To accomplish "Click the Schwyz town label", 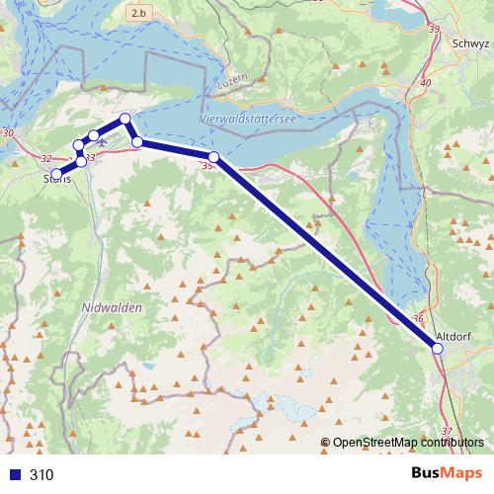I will click(468, 43).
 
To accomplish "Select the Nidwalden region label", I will click(109, 308).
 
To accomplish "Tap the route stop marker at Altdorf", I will click(438, 348).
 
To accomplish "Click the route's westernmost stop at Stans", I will click(56, 174).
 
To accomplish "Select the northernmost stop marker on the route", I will click(125, 120).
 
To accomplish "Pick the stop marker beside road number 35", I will click(213, 157).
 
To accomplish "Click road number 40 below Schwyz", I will click(426, 84).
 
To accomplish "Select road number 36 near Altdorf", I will click(419, 318).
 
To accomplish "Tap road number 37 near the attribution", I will click(447, 430).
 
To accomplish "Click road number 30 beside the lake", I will click(8, 132).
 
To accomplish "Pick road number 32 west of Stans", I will click(46, 158).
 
